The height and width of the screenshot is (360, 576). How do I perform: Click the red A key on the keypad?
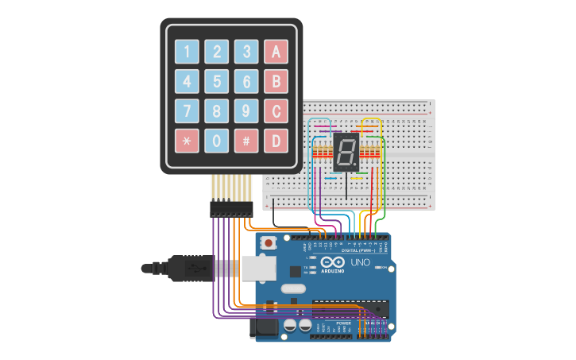[x=276, y=52]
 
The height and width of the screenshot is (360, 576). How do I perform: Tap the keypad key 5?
[x=216, y=81]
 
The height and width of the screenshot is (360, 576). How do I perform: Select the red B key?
[x=276, y=81]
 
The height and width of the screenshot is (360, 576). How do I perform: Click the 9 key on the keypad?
[x=246, y=111]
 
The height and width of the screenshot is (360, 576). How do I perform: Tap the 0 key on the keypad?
[x=216, y=141]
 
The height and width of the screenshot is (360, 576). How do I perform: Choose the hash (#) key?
[x=246, y=141]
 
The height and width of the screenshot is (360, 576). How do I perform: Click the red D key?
[x=276, y=141]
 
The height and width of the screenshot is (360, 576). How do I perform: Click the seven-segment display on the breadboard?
[x=347, y=152]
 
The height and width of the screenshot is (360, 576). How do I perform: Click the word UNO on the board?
[x=361, y=261]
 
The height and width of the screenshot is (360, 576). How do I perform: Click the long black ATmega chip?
[x=350, y=305]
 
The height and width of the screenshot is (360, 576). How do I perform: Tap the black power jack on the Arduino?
[x=265, y=326]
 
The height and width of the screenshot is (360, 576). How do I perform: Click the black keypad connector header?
[x=230, y=209]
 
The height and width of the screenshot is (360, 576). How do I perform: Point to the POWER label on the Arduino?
[x=343, y=323]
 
